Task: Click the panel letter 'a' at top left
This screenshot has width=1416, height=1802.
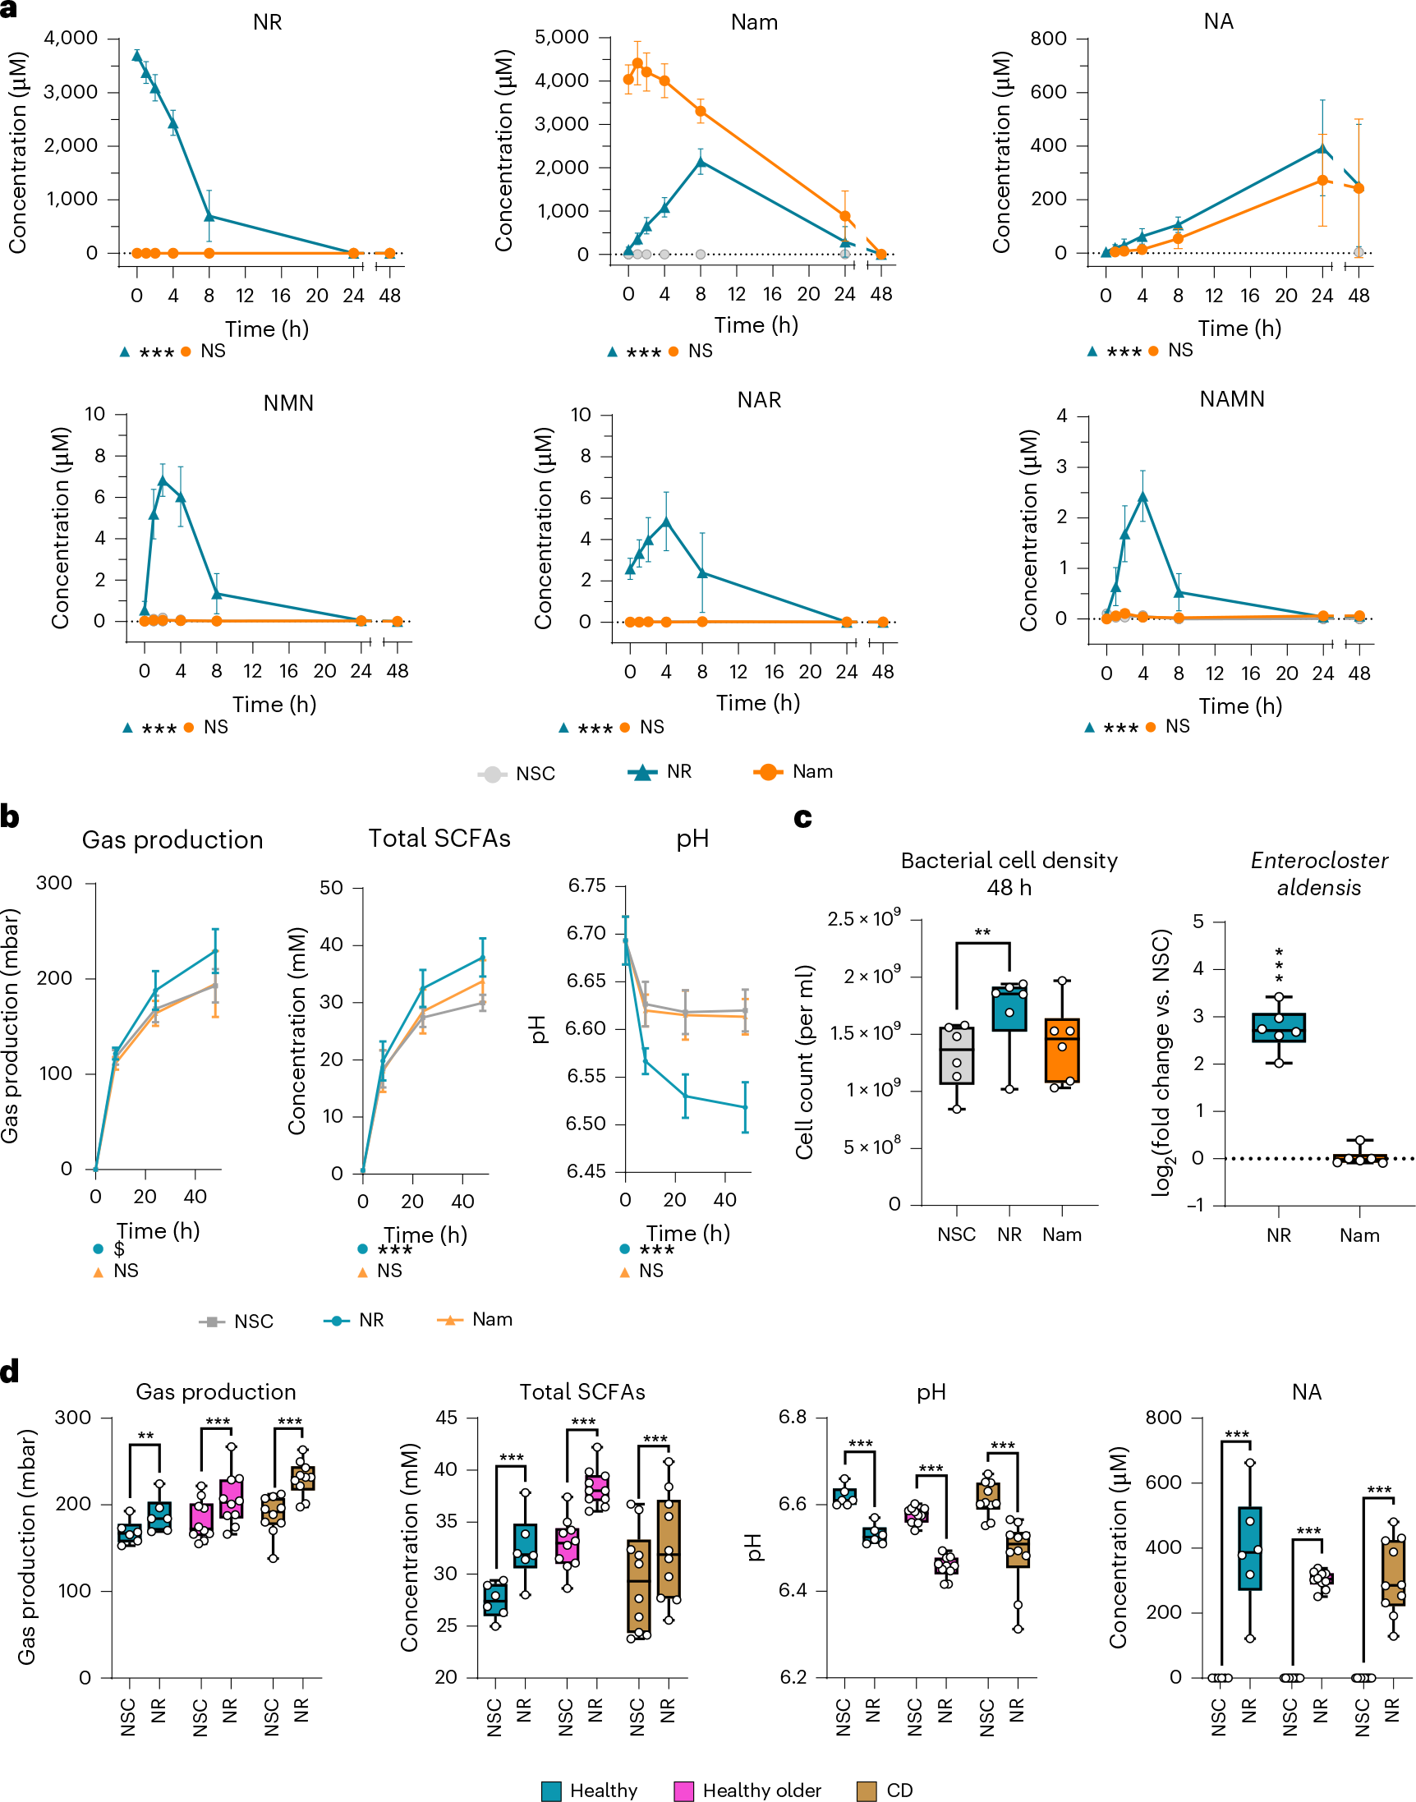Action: [x=8, y=10]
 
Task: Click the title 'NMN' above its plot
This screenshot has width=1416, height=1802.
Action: [x=288, y=402]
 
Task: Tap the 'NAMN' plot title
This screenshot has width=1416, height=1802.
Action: [x=1232, y=399]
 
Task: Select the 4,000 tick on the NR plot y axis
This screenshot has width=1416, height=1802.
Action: [x=71, y=38]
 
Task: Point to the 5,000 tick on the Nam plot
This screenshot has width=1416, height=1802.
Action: [x=561, y=37]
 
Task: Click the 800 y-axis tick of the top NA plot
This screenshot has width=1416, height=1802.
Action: [x=1048, y=39]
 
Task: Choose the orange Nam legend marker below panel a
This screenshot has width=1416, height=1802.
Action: [x=769, y=772]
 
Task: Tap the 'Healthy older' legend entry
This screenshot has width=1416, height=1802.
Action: [x=747, y=1790]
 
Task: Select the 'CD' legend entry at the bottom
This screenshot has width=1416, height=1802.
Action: [x=885, y=1790]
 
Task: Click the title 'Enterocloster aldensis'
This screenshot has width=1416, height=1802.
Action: [x=1318, y=874]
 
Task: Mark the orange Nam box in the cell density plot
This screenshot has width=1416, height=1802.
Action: [x=1062, y=1050]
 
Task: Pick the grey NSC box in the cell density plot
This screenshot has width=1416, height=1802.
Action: [x=957, y=1055]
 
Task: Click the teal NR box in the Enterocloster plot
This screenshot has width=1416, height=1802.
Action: [x=1278, y=1027]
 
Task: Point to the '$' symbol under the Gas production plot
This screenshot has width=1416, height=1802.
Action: [x=119, y=1248]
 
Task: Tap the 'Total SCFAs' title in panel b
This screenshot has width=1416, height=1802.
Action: [x=439, y=839]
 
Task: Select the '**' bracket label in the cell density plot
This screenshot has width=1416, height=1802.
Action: [x=982, y=932]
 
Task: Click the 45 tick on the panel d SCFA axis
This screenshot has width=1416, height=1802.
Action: [x=446, y=1418]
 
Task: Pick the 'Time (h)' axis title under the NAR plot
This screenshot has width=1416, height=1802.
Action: [x=758, y=703]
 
